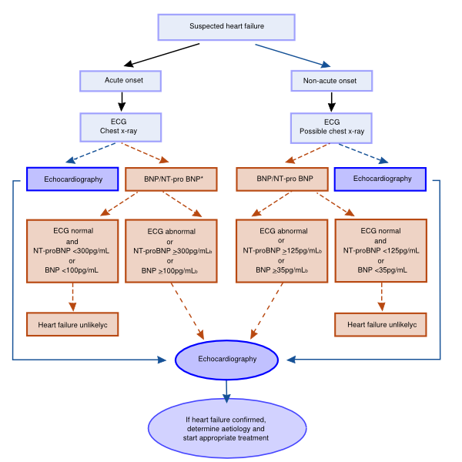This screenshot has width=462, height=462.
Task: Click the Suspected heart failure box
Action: [x=226, y=27]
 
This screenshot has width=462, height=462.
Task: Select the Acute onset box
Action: [x=121, y=81]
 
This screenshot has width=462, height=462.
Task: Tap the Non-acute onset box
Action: [x=332, y=81]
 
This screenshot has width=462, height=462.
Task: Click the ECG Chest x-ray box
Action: [x=121, y=127]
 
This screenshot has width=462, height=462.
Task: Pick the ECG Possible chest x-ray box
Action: [x=331, y=128]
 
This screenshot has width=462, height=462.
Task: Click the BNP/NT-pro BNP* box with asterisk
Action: [x=171, y=179]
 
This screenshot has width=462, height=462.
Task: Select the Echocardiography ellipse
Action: [x=226, y=360]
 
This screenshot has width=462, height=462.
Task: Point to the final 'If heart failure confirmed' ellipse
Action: [x=227, y=428]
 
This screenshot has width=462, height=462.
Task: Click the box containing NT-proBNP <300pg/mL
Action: [x=72, y=251]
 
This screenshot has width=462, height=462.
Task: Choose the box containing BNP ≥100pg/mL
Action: [x=171, y=251]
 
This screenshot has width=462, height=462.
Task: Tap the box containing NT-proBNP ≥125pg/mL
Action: [x=282, y=251]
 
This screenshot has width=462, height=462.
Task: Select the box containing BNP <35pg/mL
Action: [x=380, y=251]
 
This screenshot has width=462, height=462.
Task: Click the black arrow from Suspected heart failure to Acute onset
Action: [x=162, y=55]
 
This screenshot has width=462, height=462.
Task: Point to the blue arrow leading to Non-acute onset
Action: [x=293, y=56]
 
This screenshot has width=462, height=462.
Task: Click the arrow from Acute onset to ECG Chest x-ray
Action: [x=122, y=102]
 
